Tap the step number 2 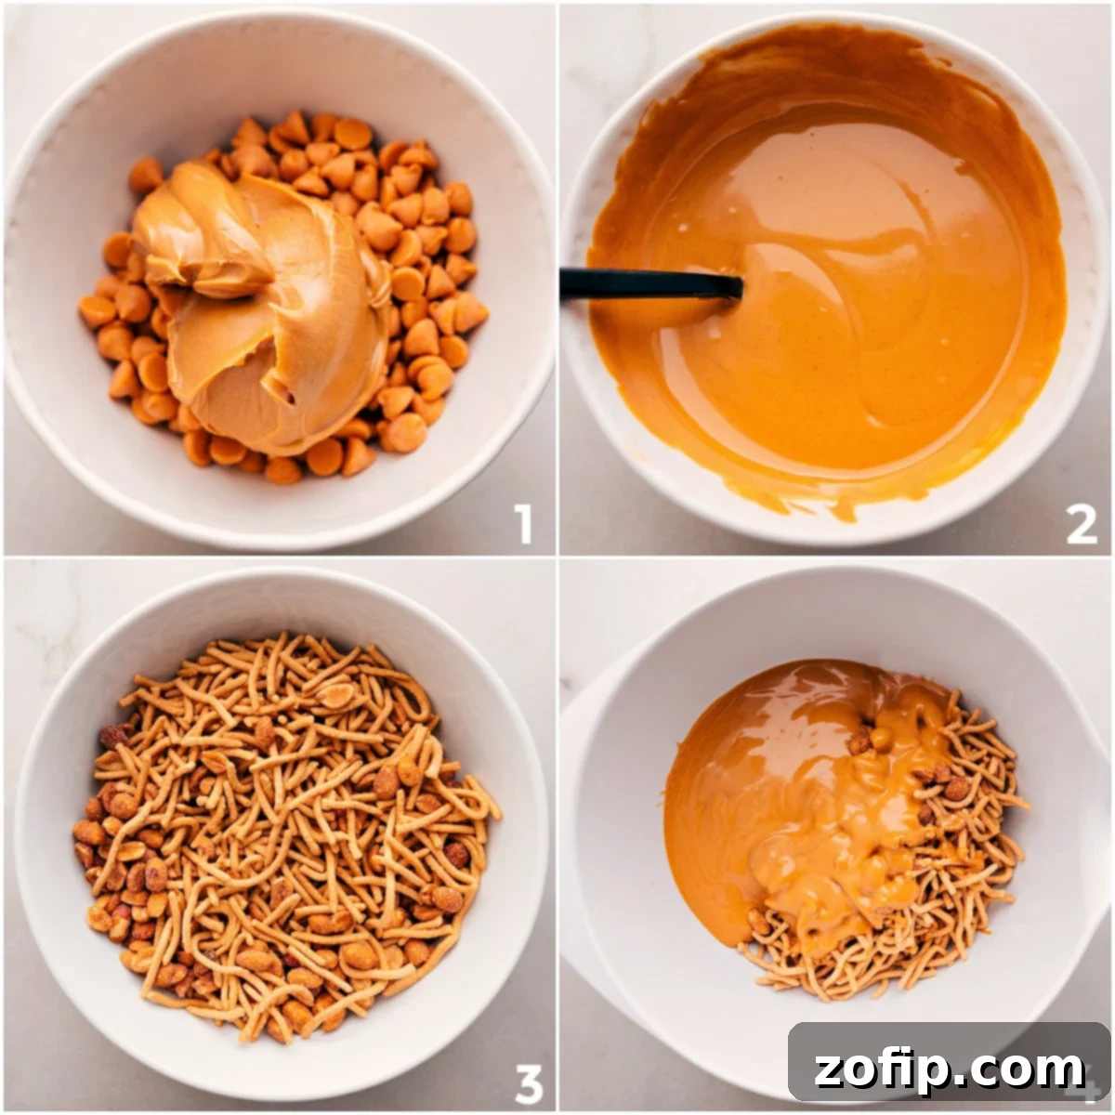[x=1081, y=525]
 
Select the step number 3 [x=528, y=1082]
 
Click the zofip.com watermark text [x=949, y=1069]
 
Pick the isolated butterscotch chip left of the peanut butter [x=145, y=175]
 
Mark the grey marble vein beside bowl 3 [x=37, y=641]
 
